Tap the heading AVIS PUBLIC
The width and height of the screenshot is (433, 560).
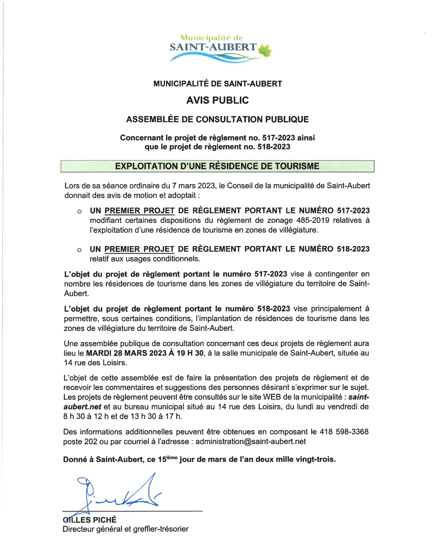coord(217,100)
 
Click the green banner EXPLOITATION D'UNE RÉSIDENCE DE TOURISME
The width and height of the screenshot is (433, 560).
coord(217,166)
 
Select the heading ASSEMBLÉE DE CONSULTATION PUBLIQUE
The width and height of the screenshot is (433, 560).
coord(217,119)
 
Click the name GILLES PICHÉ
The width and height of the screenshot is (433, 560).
coord(90,520)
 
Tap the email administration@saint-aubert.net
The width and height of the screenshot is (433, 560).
coord(251,442)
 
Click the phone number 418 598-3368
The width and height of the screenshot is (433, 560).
coord(344,432)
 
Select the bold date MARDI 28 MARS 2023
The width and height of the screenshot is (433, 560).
coord(126,353)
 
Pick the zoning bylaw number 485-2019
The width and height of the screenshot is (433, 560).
coord(312,220)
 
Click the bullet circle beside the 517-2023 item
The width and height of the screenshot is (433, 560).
coord(79,212)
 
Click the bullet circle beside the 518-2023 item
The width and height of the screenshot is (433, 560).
coord(79,250)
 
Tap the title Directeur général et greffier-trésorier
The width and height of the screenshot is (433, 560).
coord(126,529)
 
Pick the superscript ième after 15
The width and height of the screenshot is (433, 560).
coord(172,457)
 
